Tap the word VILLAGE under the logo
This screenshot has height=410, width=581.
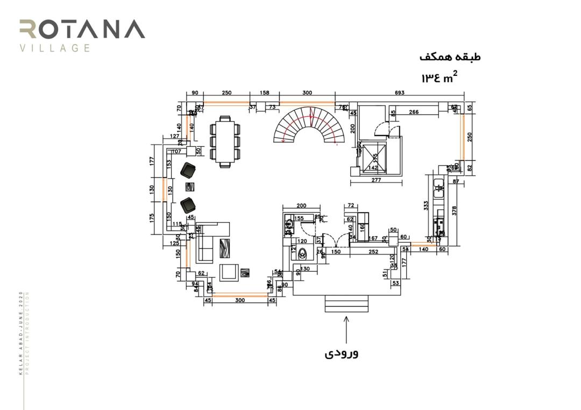(54, 48)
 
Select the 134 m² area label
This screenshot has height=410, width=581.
(440, 77)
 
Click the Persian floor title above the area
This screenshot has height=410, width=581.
(450, 57)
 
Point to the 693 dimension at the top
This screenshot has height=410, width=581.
(399, 93)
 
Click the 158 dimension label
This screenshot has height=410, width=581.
(264, 93)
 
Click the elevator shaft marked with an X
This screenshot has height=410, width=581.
(374, 157)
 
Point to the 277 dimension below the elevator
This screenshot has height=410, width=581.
(376, 180)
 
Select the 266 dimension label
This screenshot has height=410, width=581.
(414, 112)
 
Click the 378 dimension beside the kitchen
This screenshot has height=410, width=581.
(455, 210)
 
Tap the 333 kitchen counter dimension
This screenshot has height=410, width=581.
(426, 205)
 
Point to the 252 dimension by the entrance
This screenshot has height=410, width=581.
(374, 252)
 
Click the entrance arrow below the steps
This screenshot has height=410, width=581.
(346, 329)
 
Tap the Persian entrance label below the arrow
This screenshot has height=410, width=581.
(342, 354)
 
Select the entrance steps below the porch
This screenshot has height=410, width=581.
(346, 303)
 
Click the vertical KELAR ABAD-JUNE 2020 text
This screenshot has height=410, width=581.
(21, 333)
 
